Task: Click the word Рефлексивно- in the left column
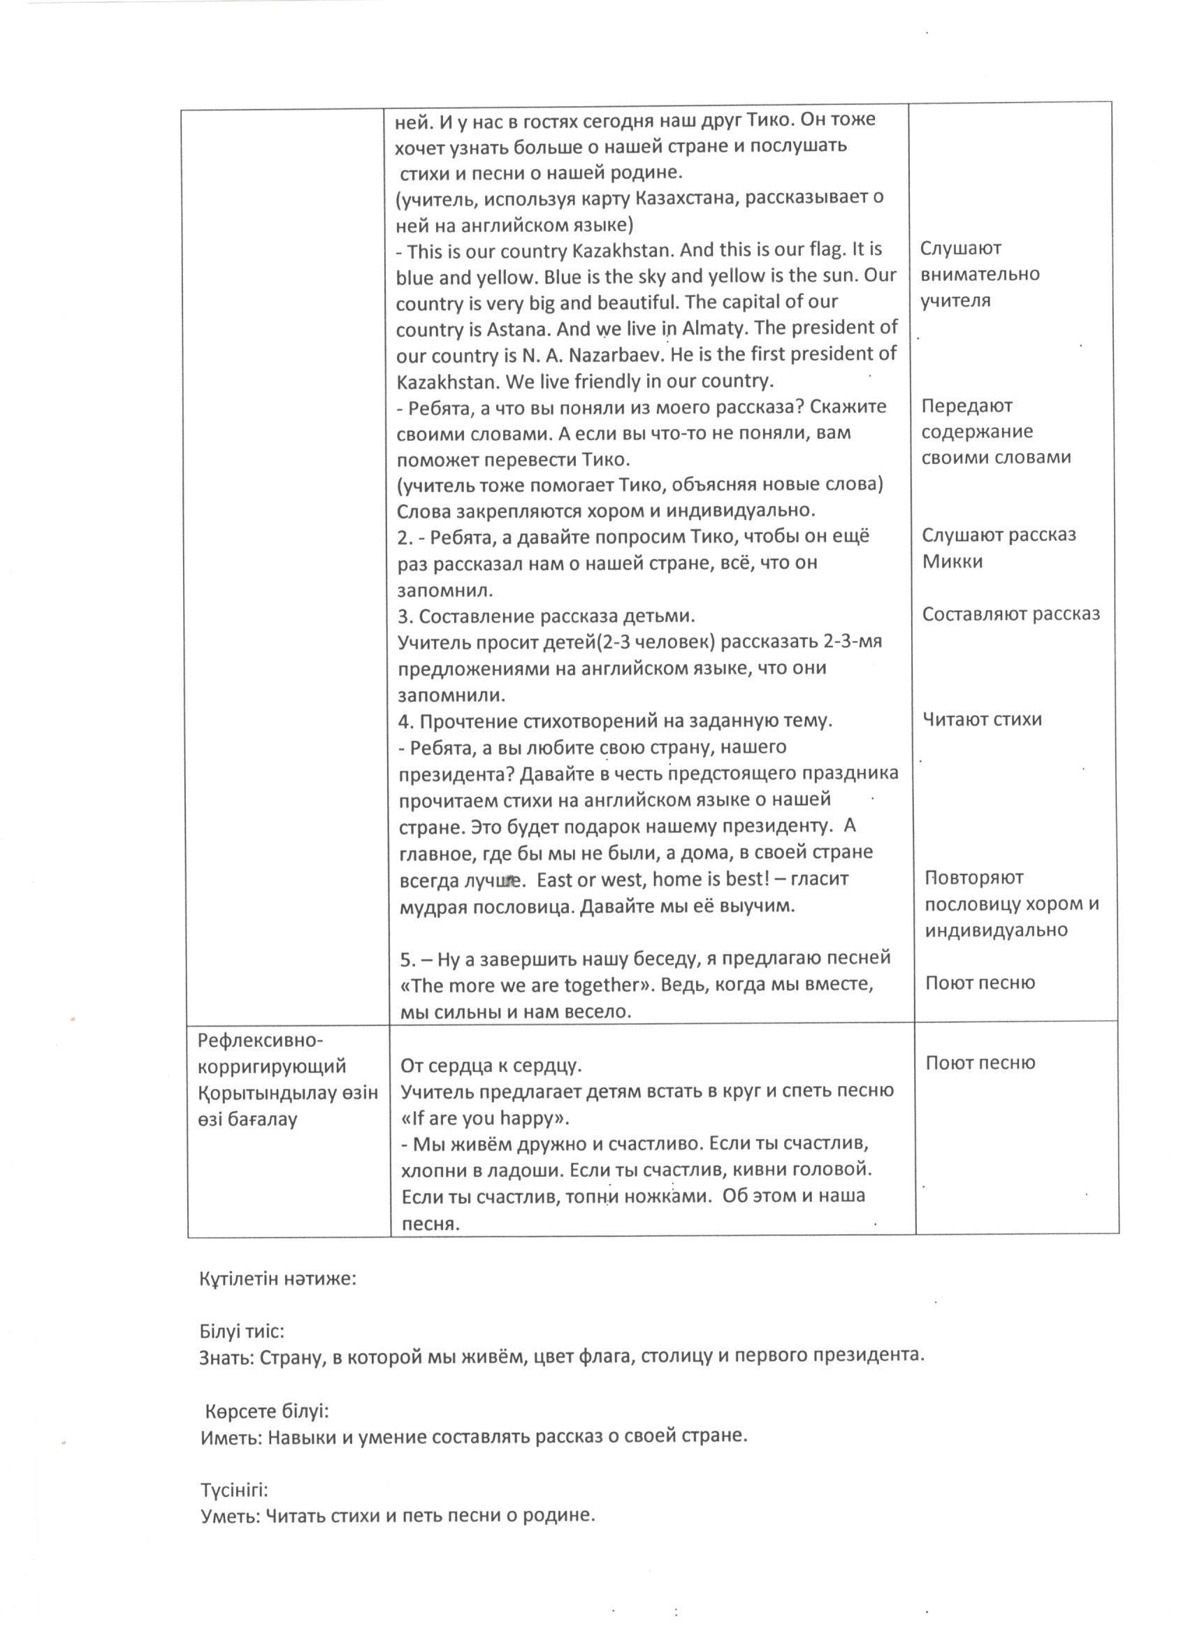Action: (261, 1041)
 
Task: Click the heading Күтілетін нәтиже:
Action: (278, 1280)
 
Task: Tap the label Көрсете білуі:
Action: (267, 1410)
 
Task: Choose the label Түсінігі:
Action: (234, 1490)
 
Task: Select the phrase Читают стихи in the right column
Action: (982, 719)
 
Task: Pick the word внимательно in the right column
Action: (980, 275)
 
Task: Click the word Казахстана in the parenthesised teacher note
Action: (689, 196)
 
